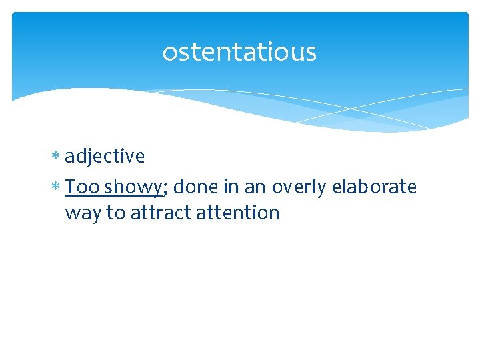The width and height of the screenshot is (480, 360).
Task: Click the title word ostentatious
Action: [x=239, y=52]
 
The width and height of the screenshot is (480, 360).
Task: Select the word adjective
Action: [x=105, y=156]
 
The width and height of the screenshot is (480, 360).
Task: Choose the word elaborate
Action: [x=374, y=187]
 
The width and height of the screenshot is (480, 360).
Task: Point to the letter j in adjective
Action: [x=92, y=157]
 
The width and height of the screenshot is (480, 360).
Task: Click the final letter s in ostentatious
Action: [x=311, y=53]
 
